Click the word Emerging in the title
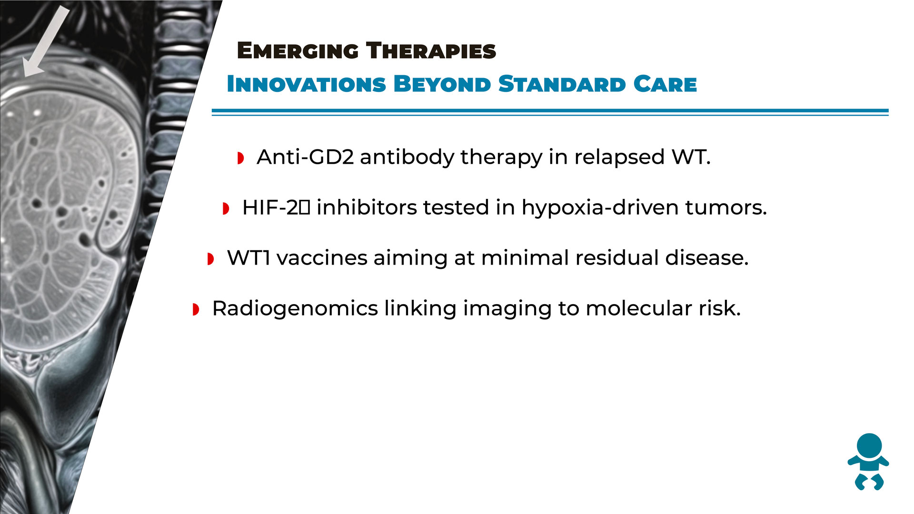click(298, 51)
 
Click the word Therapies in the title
click(431, 50)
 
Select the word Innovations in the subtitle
click(306, 84)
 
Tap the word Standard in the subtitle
click(562, 84)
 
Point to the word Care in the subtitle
click(665, 84)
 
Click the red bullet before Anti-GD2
click(241, 158)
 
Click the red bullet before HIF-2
click(226, 208)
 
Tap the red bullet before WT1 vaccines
click(211, 259)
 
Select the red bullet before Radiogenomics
click(196, 309)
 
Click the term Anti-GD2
click(305, 157)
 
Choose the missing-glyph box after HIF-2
click(305, 208)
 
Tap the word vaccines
click(322, 258)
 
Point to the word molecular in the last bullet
click(639, 308)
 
